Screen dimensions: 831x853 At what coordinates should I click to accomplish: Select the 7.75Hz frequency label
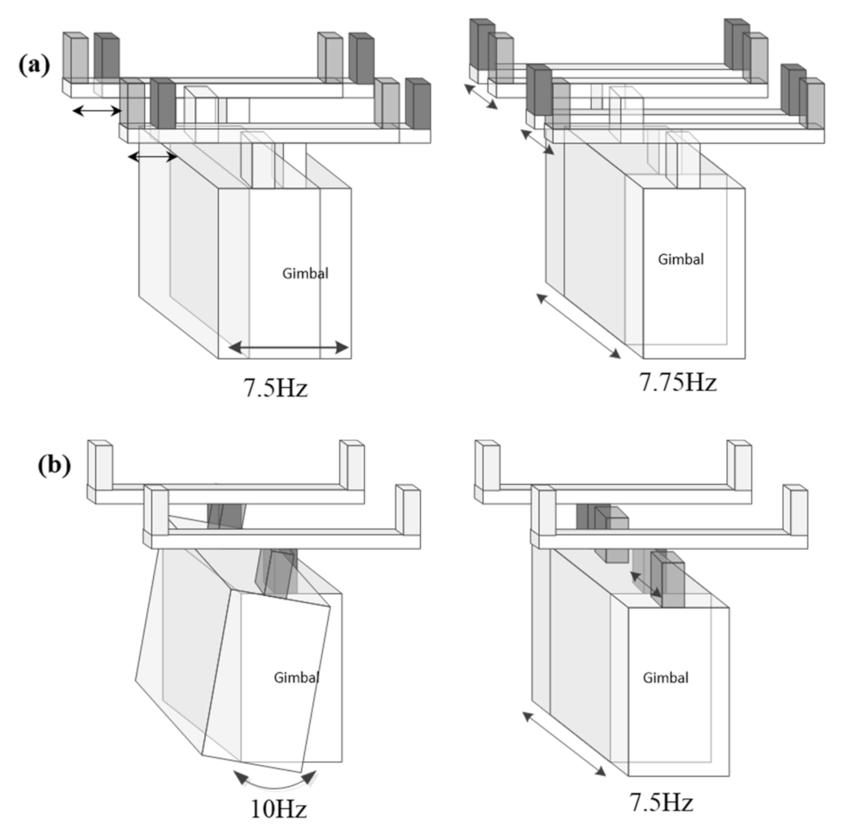click(x=674, y=380)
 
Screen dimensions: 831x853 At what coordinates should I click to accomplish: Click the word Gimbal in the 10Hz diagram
click(x=296, y=677)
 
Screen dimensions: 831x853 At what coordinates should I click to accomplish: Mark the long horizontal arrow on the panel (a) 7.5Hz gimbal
click(x=288, y=349)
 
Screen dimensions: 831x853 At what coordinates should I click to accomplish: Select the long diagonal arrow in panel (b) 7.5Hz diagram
click(x=564, y=743)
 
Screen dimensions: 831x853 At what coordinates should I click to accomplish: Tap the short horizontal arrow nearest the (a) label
click(x=96, y=110)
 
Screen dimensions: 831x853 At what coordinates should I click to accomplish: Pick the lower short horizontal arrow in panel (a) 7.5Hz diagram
click(x=153, y=156)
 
